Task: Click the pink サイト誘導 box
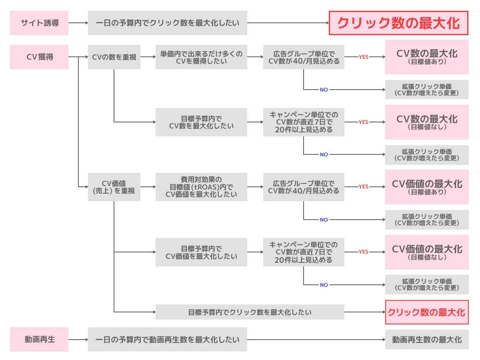point(39,23)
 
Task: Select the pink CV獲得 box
point(39,57)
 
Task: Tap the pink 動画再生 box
point(39,339)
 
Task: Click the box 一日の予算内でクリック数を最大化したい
point(167,23)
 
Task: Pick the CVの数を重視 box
point(114,57)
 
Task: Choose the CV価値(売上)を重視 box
point(114,187)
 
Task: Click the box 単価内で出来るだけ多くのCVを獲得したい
point(201,57)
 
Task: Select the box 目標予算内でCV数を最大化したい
point(201,122)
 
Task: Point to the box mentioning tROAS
point(201,187)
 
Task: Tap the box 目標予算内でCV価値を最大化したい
point(201,252)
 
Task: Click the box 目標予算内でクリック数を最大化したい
point(250,312)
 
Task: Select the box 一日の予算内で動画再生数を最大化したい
point(167,339)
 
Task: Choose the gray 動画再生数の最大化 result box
point(427,339)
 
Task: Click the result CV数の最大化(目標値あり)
point(427,57)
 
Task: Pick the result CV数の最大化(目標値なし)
point(427,122)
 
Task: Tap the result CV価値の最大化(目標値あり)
point(427,187)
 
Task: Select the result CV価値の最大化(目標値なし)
point(427,252)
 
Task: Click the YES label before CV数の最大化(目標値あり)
point(363,57)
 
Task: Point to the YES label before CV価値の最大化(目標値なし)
point(363,252)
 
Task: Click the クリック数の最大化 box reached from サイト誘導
point(398,23)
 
